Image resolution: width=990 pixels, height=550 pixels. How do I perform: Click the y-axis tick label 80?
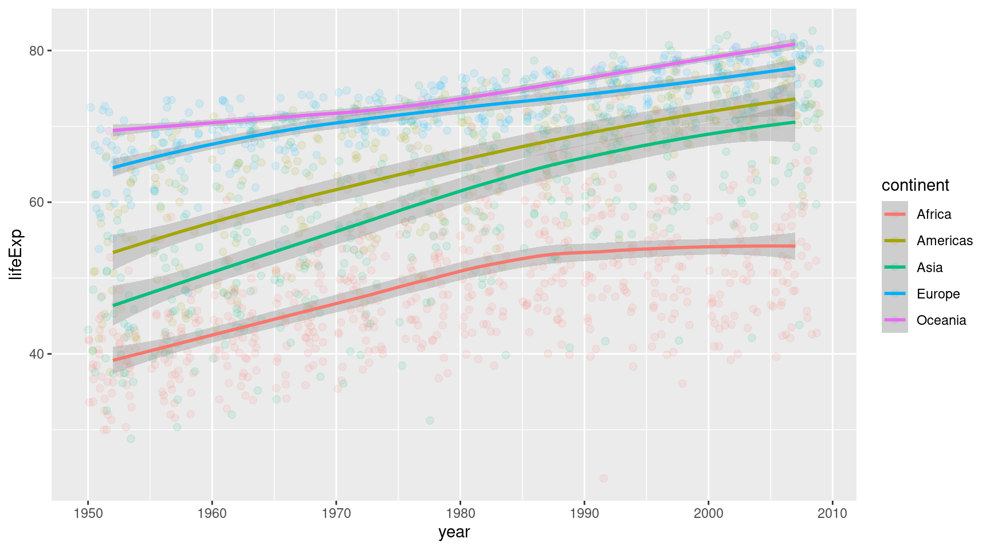pyautogui.click(x=36, y=50)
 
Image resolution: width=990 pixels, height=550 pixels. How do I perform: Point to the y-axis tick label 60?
pyautogui.click(x=36, y=202)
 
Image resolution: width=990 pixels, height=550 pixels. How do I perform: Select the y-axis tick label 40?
pyautogui.click(x=36, y=354)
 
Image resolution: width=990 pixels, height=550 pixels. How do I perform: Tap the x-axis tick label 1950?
pyautogui.click(x=88, y=513)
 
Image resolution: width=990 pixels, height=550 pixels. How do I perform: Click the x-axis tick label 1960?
pyautogui.click(x=212, y=513)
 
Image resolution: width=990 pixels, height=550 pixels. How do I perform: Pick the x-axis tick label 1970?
pyautogui.click(x=336, y=513)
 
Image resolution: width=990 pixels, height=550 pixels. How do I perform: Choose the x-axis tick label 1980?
pyautogui.click(x=460, y=513)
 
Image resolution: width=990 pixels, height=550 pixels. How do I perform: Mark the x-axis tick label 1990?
pyautogui.click(x=584, y=513)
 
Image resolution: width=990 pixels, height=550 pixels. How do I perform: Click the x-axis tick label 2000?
pyautogui.click(x=709, y=513)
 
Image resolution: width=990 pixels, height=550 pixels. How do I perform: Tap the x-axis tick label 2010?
pyautogui.click(x=832, y=513)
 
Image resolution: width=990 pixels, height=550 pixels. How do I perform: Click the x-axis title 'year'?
pyautogui.click(x=454, y=532)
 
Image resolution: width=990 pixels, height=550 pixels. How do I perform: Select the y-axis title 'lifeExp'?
pyautogui.click(x=16, y=254)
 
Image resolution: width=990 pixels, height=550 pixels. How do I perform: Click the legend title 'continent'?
pyautogui.click(x=915, y=186)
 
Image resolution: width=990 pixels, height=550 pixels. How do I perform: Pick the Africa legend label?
pyautogui.click(x=933, y=214)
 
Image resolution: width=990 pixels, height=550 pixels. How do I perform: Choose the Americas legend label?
pyautogui.click(x=944, y=241)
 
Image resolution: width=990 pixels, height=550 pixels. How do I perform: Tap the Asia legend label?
pyautogui.click(x=929, y=268)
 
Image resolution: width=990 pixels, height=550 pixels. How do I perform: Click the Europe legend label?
pyautogui.click(x=938, y=294)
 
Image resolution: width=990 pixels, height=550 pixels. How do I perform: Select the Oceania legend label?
pyautogui.click(x=941, y=320)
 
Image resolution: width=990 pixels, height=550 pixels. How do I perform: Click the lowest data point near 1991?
pyautogui.click(x=603, y=478)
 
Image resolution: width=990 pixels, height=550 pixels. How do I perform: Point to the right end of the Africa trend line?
pyautogui.click(x=795, y=246)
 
